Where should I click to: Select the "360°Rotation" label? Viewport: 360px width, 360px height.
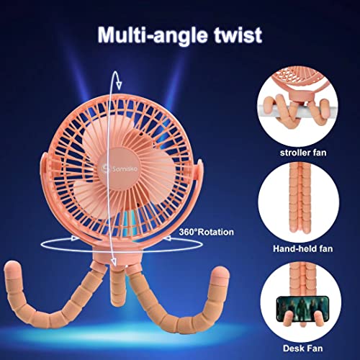206,232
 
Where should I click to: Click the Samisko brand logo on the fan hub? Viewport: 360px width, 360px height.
120,168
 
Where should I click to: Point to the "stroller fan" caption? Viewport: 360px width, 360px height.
303,153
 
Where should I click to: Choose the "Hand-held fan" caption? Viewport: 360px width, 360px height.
302,248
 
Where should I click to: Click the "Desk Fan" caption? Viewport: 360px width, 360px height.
302,348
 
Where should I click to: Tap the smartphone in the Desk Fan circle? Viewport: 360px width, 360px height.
302,309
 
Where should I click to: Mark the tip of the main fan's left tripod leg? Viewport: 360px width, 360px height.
11,268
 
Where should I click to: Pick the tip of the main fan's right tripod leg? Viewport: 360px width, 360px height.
220,273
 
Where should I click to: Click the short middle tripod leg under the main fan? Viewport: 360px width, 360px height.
117,283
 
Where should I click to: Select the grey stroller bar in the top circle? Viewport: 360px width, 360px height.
297,109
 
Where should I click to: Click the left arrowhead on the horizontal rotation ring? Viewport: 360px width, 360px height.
76,238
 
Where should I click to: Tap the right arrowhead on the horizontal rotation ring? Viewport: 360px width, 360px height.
167,238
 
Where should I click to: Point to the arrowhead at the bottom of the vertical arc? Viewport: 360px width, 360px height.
114,262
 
